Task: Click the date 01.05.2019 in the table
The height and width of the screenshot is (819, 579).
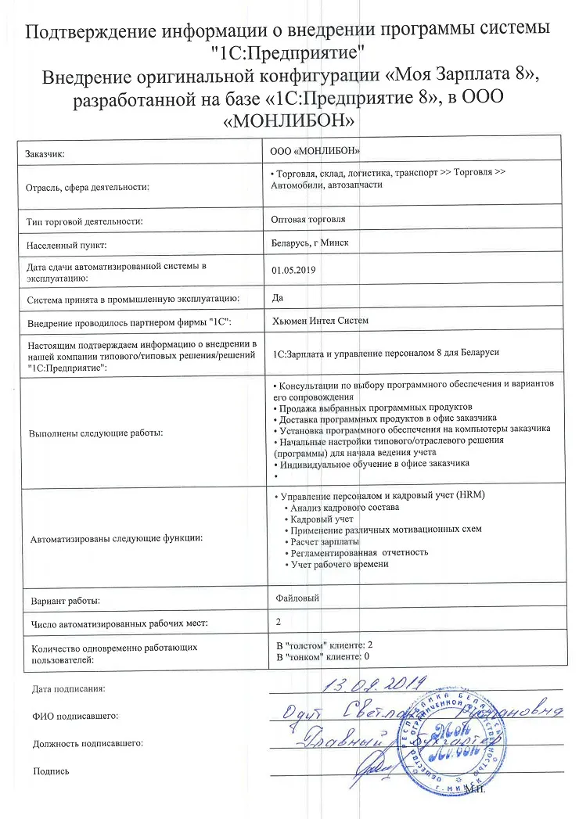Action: [x=289, y=270]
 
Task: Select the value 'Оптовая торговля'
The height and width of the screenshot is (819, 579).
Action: [x=307, y=220]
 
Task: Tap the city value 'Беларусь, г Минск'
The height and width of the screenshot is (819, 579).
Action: [x=310, y=243]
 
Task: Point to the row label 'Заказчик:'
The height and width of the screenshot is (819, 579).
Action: [x=46, y=154]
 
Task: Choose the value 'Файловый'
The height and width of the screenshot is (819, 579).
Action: [x=298, y=598]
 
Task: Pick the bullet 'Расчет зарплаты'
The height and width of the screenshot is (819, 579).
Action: [x=324, y=541]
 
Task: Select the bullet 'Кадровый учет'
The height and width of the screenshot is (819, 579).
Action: [x=321, y=519]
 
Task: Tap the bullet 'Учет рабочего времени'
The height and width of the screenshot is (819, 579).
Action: [x=339, y=564]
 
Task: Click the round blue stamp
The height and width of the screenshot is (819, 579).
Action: [x=454, y=739]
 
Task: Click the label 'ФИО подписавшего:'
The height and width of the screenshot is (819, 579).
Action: [x=75, y=715]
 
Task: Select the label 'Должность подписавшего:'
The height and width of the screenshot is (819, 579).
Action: [x=88, y=743]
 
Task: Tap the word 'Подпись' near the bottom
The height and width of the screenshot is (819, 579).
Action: [x=51, y=771]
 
